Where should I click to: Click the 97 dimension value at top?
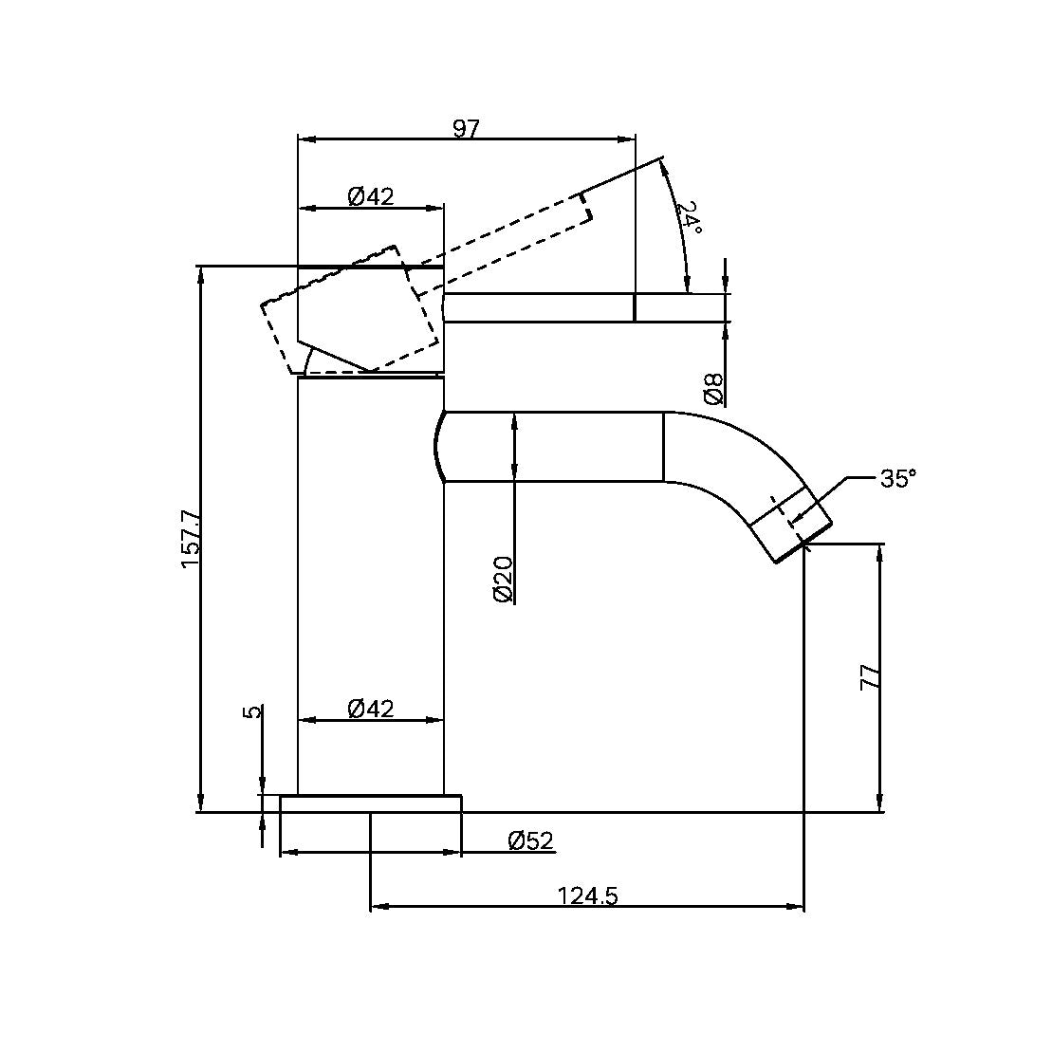465,129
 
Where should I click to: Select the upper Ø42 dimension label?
371,196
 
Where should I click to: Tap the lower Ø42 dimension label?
371,708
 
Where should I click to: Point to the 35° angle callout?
897,478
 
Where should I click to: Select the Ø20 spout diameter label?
503,579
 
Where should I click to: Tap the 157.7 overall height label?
191,538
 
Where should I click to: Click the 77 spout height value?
870,676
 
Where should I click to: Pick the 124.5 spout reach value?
587,895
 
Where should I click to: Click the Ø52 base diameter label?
530,840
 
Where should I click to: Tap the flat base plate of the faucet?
370,803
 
